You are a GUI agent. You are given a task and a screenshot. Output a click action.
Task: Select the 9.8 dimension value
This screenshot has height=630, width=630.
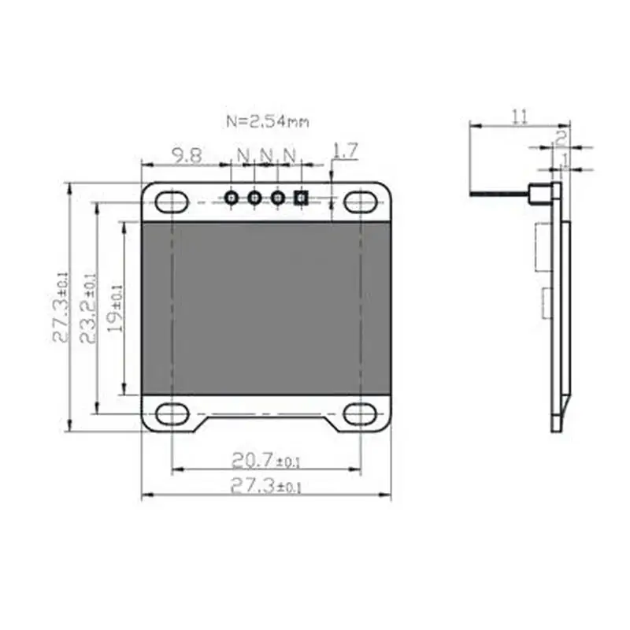click(187, 155)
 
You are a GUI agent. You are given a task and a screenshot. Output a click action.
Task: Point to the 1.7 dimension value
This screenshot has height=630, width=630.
click(346, 150)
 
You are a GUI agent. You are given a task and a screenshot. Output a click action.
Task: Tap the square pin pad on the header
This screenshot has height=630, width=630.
click(300, 198)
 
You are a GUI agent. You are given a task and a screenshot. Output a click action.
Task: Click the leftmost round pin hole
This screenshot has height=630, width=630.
click(232, 198)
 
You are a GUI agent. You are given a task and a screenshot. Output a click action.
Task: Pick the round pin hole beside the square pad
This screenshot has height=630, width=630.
click(277, 198)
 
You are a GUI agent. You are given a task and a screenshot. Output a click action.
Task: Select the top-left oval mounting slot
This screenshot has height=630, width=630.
click(172, 202)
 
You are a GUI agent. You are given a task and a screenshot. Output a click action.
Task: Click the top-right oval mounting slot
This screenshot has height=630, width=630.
click(360, 202)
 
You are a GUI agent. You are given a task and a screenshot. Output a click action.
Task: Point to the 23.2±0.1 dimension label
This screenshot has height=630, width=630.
click(88, 307)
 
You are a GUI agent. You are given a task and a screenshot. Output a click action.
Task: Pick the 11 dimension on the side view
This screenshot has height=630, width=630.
click(519, 117)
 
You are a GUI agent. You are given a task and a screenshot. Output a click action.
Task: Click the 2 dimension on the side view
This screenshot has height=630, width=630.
click(560, 137)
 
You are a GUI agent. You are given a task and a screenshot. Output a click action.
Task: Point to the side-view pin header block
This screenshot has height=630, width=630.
click(539, 195)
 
